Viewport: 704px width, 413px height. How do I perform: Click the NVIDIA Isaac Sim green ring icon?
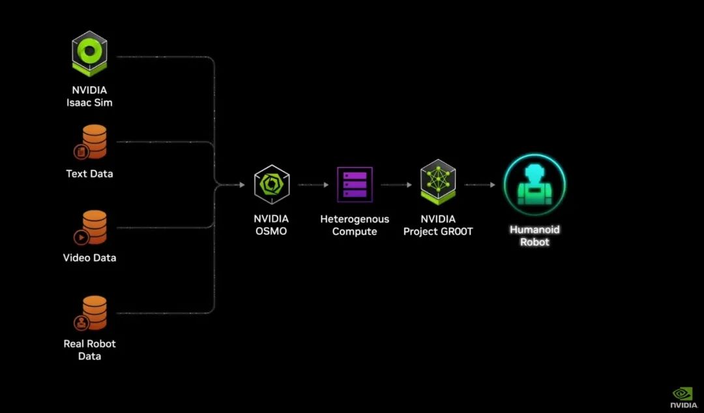pos(89,54)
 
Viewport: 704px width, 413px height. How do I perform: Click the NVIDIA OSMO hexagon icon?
pos(272,184)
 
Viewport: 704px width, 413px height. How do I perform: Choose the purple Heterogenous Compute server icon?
pos(355,184)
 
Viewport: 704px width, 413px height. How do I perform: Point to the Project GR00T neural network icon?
pos(438,182)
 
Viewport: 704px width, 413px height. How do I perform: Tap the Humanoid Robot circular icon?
pos(535,184)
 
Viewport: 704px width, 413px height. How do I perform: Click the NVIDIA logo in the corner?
pos(683,398)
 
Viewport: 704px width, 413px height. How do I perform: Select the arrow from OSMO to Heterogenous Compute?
pos(314,185)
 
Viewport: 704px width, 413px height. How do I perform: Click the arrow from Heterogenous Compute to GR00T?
pos(396,185)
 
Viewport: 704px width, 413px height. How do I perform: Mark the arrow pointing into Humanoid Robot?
pos(480,185)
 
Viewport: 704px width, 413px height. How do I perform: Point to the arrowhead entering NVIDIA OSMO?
pos(242,185)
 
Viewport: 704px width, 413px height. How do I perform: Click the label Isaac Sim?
pos(89,102)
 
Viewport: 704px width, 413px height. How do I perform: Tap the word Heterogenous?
pos(355,219)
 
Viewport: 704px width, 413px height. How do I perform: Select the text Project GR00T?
pos(438,232)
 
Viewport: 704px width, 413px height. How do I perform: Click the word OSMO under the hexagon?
pos(271,232)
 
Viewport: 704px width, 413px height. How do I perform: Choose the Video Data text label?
pos(89,258)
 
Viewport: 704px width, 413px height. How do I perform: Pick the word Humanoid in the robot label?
pos(535,230)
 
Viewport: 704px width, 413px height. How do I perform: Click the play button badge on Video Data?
pos(81,237)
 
